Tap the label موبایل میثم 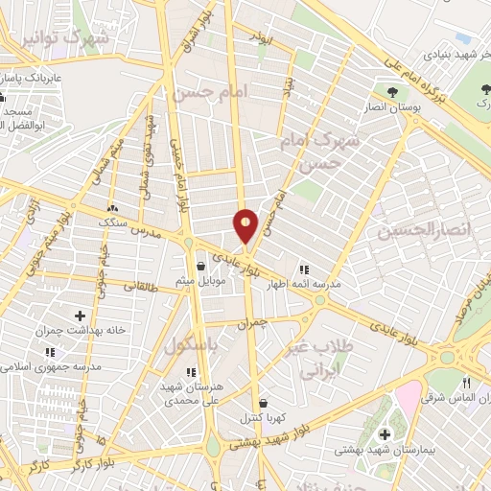click(x=199, y=282)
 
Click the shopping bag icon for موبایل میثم click(x=200, y=267)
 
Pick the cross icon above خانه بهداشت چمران click(x=80, y=316)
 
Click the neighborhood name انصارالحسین click(x=413, y=231)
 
